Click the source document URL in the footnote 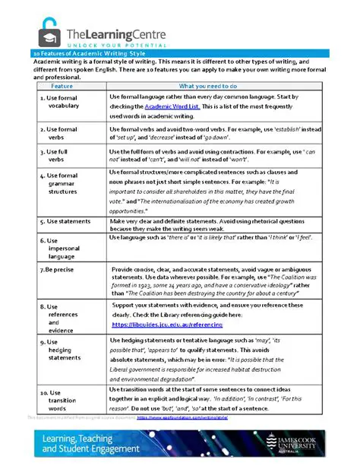pyautogui.click(x=183, y=417)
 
